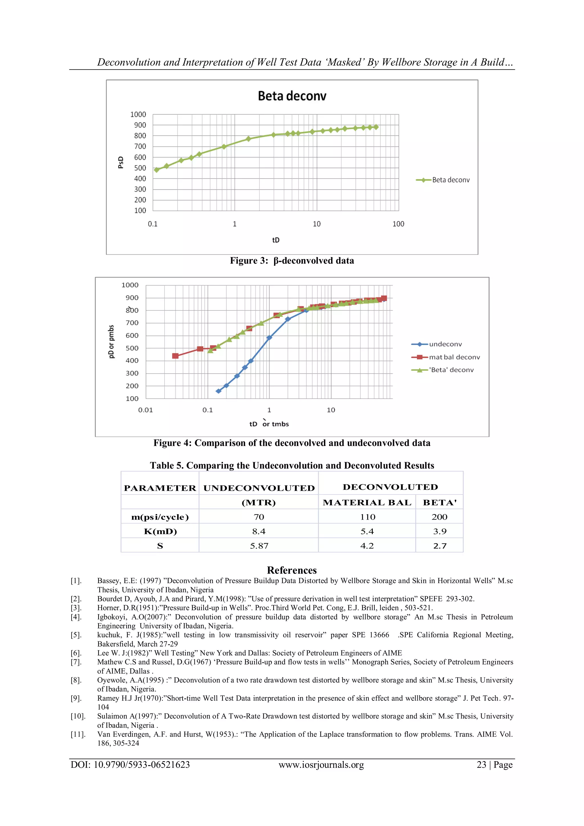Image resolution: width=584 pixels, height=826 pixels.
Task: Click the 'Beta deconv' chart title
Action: (x=292, y=96)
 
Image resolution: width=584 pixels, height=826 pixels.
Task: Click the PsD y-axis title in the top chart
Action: (x=121, y=162)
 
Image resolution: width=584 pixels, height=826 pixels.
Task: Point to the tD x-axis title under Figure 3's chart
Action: (x=276, y=240)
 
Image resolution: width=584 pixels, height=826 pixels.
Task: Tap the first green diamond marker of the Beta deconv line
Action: (x=157, y=170)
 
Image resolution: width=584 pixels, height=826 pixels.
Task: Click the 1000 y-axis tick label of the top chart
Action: (x=138, y=114)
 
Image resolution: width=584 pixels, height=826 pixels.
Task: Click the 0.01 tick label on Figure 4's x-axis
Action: (x=146, y=410)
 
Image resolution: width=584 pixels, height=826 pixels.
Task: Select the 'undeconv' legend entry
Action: (x=445, y=344)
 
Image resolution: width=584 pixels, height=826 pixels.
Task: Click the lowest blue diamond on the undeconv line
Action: (x=218, y=391)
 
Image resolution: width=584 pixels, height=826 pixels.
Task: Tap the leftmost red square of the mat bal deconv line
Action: (x=175, y=356)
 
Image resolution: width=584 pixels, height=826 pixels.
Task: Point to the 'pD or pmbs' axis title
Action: (x=111, y=342)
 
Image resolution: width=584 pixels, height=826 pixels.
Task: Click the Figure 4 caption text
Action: (x=292, y=443)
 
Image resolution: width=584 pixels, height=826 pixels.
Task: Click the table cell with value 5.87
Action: (x=259, y=546)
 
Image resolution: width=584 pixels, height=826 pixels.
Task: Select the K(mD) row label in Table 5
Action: (x=160, y=531)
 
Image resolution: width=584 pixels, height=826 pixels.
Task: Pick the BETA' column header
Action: (x=439, y=502)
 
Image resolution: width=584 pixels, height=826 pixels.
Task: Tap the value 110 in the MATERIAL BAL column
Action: (x=368, y=517)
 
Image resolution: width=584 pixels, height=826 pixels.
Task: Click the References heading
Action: (x=292, y=570)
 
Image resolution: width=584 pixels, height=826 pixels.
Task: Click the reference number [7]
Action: (x=76, y=662)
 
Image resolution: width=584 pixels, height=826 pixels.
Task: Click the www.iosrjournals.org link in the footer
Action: (x=321, y=765)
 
